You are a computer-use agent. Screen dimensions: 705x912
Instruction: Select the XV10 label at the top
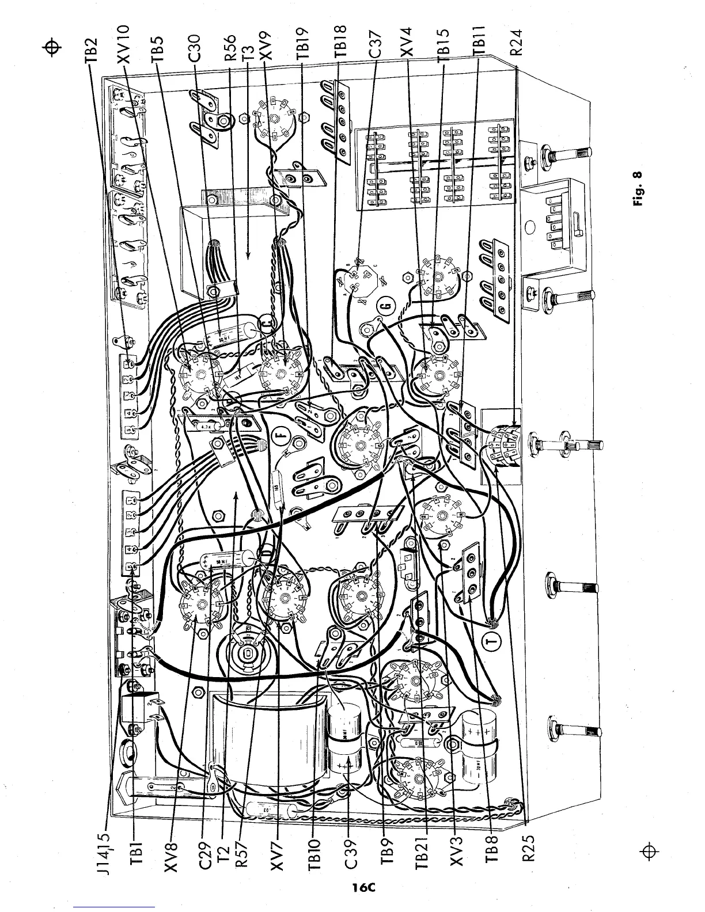pyautogui.click(x=127, y=44)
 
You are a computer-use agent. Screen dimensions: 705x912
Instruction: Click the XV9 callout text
pyautogui.click(x=265, y=47)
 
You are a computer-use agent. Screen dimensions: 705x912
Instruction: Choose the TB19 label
pyautogui.click(x=305, y=44)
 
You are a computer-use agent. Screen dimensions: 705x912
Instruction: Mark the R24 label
pyautogui.click(x=517, y=44)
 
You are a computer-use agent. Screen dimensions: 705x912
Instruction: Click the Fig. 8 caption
pyautogui.click(x=638, y=191)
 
